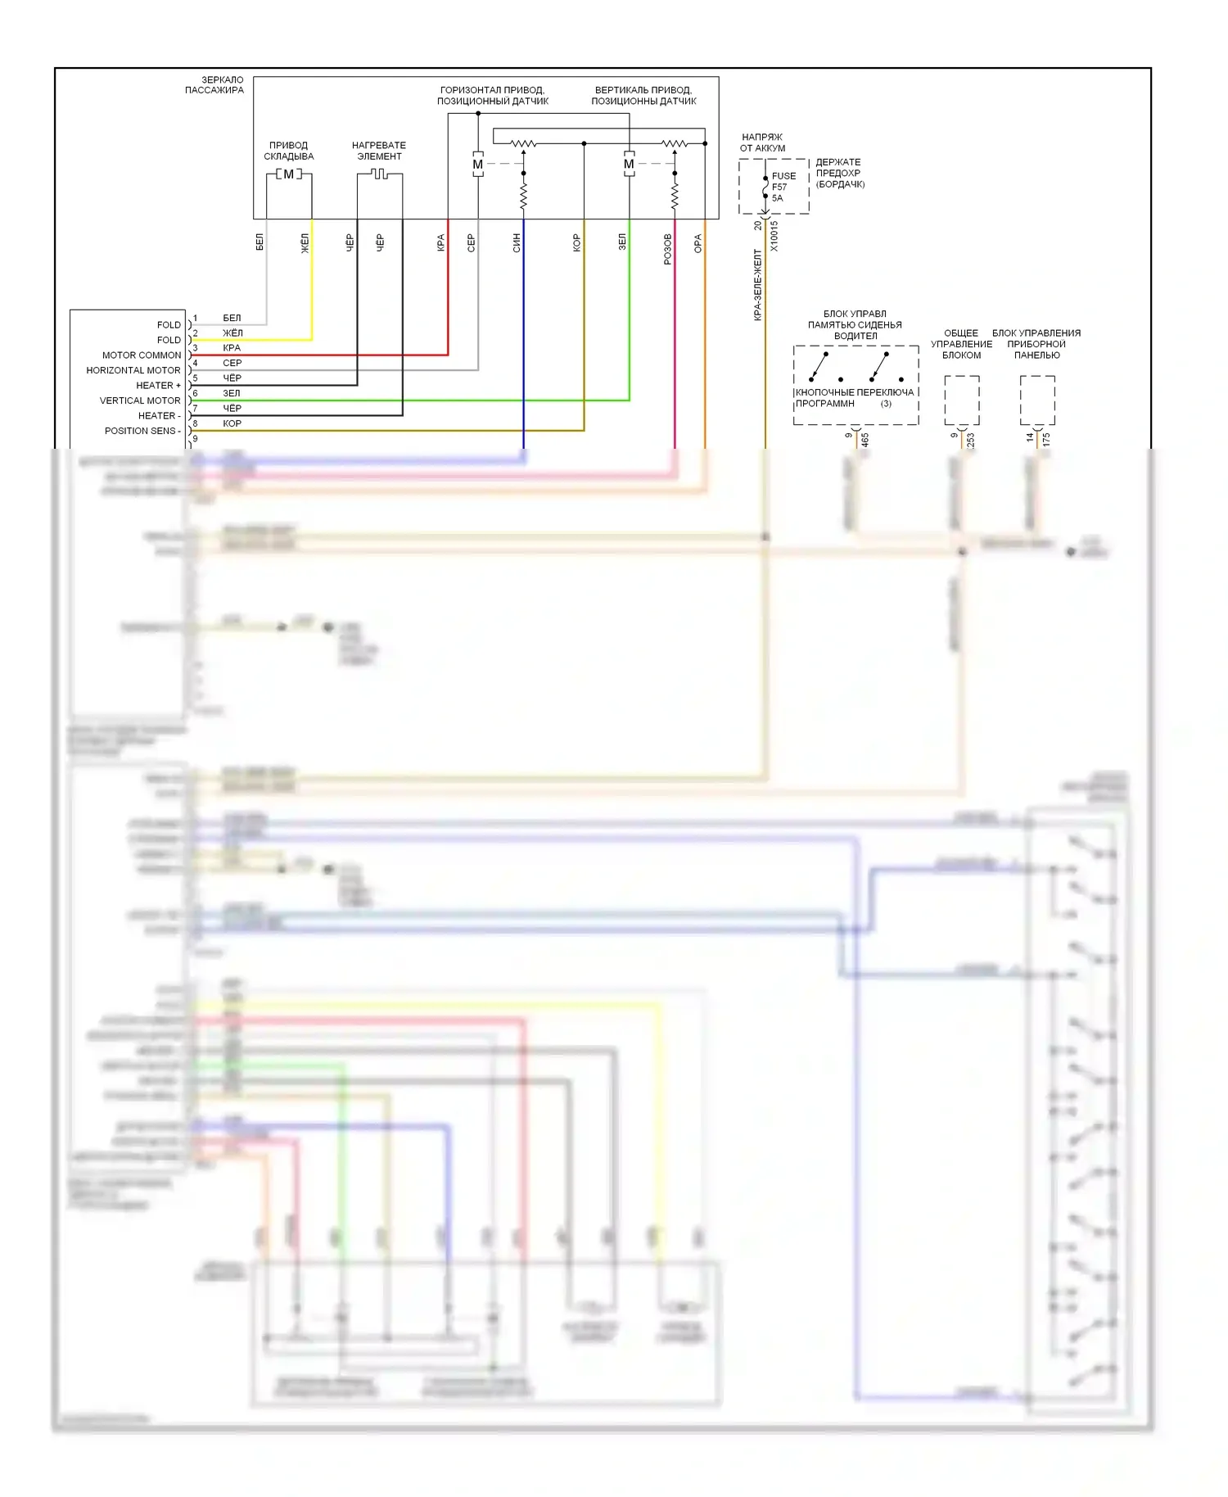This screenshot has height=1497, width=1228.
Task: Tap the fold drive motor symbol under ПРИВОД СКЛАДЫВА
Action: pos(288,174)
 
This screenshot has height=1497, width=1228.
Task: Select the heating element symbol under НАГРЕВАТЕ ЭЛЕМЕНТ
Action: pos(379,174)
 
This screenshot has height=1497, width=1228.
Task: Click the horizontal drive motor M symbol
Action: pos(478,165)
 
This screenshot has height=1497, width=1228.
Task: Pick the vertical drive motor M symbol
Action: pos(629,165)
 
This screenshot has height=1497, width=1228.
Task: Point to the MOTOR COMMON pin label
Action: pos(142,355)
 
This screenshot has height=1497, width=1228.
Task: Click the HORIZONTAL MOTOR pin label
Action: pos(133,370)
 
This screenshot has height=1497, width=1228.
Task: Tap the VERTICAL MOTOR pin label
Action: pos(140,400)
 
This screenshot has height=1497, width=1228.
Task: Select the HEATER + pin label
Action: pos(159,386)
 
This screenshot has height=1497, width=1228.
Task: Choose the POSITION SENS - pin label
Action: pos(142,431)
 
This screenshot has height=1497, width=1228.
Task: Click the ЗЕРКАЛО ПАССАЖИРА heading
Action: pos(214,85)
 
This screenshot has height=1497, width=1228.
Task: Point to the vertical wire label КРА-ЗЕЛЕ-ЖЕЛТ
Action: pos(758,285)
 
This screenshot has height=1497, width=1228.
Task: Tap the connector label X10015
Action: pos(774,236)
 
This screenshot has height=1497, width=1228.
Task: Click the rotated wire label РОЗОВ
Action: pos(668,248)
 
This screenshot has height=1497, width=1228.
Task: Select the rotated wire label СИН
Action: pos(517,242)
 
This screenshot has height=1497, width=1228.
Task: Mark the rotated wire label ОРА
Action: pos(698,243)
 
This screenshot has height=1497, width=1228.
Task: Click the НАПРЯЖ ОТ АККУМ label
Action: pos(762,142)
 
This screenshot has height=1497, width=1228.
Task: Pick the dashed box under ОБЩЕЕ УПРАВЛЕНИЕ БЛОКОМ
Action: pos(962,400)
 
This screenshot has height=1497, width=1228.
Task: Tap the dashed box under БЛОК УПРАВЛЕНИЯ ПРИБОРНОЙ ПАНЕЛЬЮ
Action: pos(1037,400)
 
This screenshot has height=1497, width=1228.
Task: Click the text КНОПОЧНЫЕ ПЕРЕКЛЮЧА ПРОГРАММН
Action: pos(854,398)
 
